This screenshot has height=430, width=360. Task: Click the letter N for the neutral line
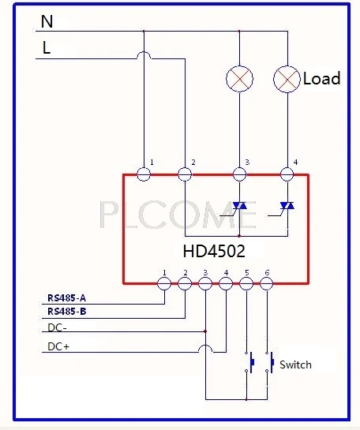point(47,21)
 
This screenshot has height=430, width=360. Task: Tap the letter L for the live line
point(47,47)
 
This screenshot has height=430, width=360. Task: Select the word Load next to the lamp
point(321,78)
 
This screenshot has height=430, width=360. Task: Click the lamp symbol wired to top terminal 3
point(239,79)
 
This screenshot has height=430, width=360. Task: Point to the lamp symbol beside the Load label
point(287,79)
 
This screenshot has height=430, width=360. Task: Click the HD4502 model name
point(214,251)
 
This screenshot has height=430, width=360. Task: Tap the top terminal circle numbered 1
point(144,174)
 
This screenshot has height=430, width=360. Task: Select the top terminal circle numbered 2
point(185,174)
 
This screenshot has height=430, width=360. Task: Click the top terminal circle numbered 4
point(287,174)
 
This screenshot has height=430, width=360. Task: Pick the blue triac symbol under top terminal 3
point(239,205)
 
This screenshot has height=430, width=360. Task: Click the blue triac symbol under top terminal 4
point(287,205)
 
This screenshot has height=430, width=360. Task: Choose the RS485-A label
point(66,297)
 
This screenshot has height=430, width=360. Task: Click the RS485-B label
point(67,312)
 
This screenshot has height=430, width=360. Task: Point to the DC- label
point(57,327)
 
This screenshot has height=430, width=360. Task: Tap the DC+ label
point(58,346)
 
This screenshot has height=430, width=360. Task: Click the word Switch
point(295,365)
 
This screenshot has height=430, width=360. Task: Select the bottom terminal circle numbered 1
point(164,283)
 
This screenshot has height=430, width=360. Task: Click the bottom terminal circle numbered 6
point(266,283)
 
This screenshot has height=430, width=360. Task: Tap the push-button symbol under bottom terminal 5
point(249,362)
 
